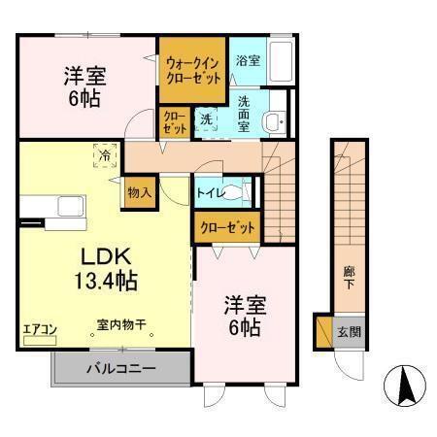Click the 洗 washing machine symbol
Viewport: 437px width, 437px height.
(x=206, y=119)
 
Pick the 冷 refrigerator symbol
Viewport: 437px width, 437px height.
(x=103, y=153)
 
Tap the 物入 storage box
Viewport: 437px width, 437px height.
(x=138, y=192)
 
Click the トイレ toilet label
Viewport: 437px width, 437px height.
(x=213, y=193)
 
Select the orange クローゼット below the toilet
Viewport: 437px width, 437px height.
(x=228, y=228)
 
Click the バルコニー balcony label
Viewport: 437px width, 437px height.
(x=120, y=369)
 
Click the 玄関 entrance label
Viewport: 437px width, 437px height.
(x=350, y=332)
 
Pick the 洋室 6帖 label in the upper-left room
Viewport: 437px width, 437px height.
(x=85, y=86)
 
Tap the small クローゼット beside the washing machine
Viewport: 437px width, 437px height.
(x=175, y=122)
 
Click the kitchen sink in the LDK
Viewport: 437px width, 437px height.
(x=70, y=206)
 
